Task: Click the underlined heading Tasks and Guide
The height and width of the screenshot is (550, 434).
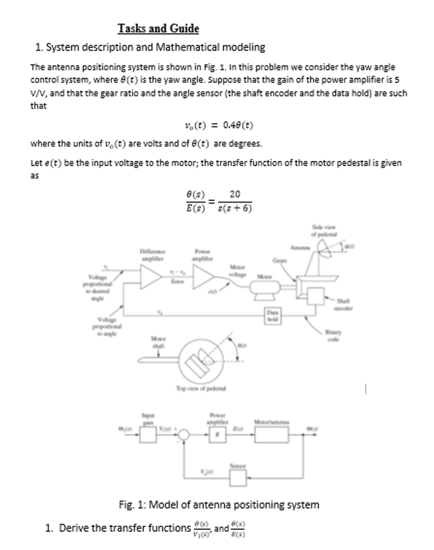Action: pos(158,28)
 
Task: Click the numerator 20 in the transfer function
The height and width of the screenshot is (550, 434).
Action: pos(235,194)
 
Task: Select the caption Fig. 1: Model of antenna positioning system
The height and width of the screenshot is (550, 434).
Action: pos(219,505)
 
